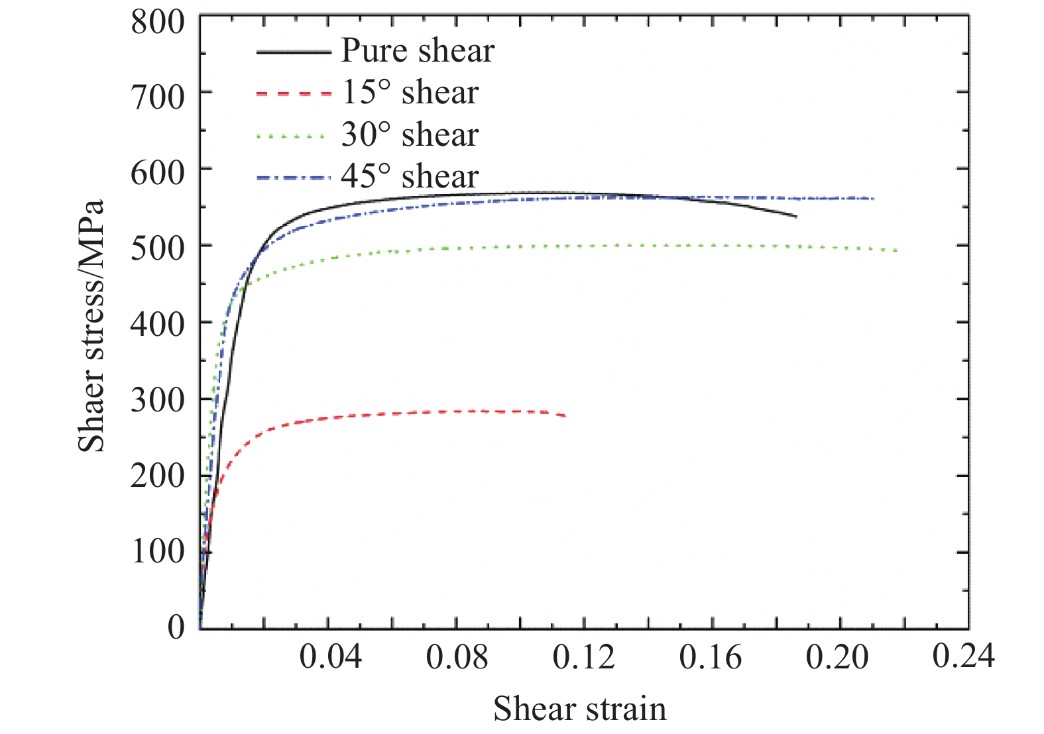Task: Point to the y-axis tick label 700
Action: click(x=158, y=97)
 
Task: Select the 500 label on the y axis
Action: click(x=158, y=250)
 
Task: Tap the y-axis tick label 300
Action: click(x=158, y=400)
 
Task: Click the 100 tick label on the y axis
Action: click(x=158, y=551)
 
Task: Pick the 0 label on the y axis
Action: click(x=176, y=626)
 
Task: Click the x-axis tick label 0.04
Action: click(x=330, y=657)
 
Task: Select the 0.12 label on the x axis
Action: click(x=584, y=657)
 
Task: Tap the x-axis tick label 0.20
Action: click(x=837, y=657)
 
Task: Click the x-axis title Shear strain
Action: click(x=580, y=708)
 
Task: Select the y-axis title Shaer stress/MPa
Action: click(x=91, y=326)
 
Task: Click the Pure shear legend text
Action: click(x=418, y=51)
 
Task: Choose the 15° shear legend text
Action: click(x=410, y=93)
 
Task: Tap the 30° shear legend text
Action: click(x=410, y=134)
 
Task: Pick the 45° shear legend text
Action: click(x=410, y=176)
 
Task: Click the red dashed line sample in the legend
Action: click(x=293, y=94)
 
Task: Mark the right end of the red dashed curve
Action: click(x=565, y=415)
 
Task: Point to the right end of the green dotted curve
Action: click(x=898, y=250)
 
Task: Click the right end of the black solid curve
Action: click(x=796, y=217)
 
